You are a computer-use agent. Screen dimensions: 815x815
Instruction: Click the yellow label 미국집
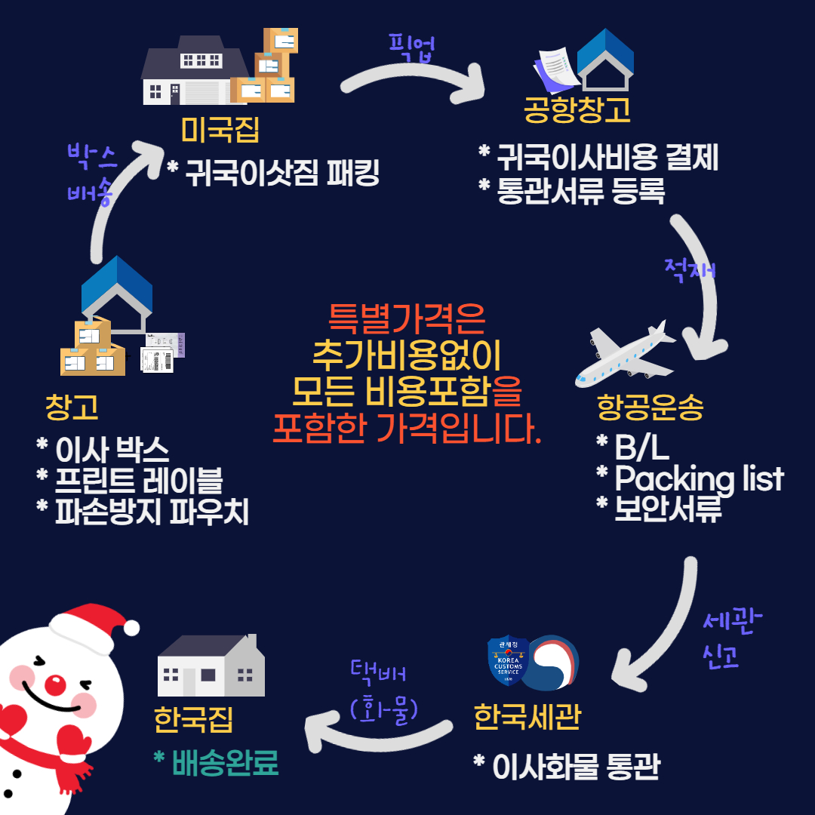[220, 130]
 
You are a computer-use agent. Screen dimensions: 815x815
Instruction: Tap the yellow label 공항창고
[577, 110]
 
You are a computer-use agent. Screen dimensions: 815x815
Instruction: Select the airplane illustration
[626, 352]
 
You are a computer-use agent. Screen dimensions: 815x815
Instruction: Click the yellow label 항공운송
[650, 408]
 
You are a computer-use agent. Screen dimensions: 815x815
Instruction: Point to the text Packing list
[699, 479]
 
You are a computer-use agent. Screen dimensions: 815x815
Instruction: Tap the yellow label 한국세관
[527, 716]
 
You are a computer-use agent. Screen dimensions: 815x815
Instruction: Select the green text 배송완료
[225, 763]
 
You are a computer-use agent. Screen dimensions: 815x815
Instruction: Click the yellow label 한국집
[193, 719]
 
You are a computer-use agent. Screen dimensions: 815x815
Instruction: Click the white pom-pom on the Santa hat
[131, 627]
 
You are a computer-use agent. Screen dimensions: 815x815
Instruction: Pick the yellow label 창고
[72, 407]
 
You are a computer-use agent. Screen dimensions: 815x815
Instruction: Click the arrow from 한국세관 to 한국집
[377, 736]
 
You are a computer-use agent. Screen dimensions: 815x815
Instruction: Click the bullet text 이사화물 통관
[575, 767]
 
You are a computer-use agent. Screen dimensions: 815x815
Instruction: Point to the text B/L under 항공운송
[641, 448]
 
